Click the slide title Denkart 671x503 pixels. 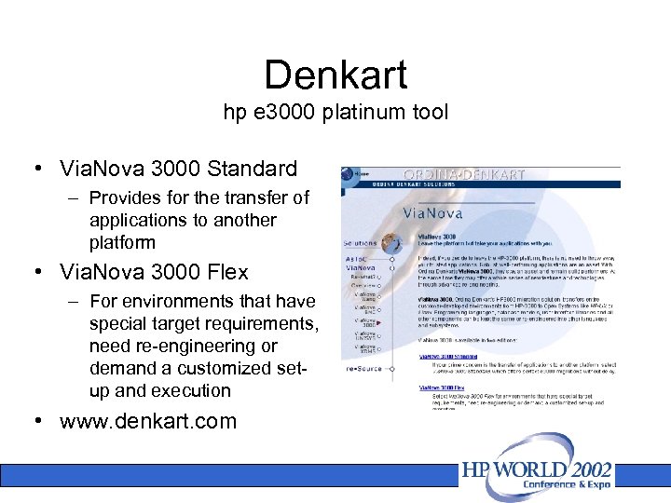335,75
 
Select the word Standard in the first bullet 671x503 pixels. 253,169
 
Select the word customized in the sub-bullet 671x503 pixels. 212,368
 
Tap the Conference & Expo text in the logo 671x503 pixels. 580,485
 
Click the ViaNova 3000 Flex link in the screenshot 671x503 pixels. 441,386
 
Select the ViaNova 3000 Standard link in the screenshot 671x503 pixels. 447,355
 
